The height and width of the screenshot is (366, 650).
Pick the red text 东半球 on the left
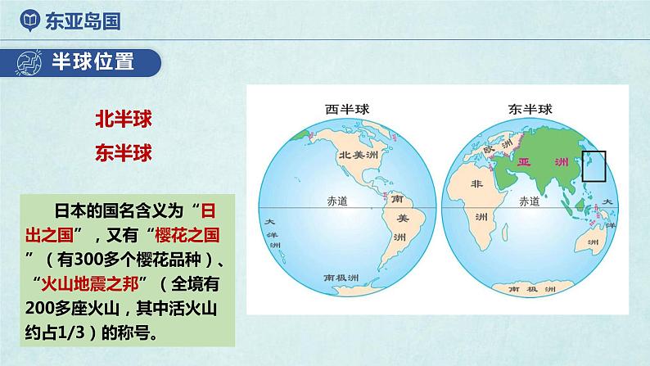(x=124, y=152)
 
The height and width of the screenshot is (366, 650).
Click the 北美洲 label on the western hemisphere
(x=358, y=155)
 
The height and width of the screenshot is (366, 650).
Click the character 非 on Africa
(x=477, y=186)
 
